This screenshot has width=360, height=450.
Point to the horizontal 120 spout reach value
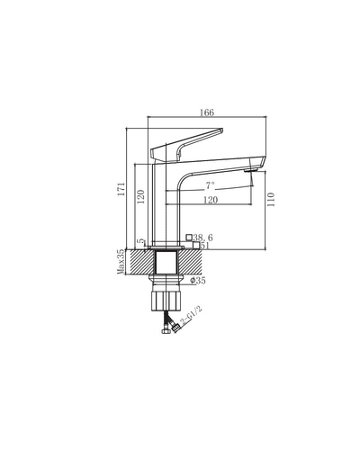coord(209,200)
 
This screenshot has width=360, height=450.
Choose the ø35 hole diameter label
coord(199,281)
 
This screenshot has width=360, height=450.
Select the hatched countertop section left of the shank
coord(140,263)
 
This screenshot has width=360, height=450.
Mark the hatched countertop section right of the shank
coord(196,263)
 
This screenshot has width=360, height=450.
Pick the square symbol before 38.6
coord(189,238)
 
